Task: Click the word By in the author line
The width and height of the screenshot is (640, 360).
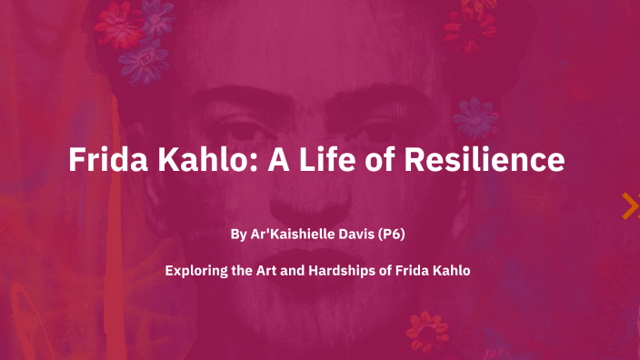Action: [238, 235]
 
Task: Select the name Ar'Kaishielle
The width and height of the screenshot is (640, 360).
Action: [294, 235]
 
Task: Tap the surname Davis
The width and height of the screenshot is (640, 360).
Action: [362, 235]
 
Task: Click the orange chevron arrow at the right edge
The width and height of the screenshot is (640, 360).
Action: [629, 207]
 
